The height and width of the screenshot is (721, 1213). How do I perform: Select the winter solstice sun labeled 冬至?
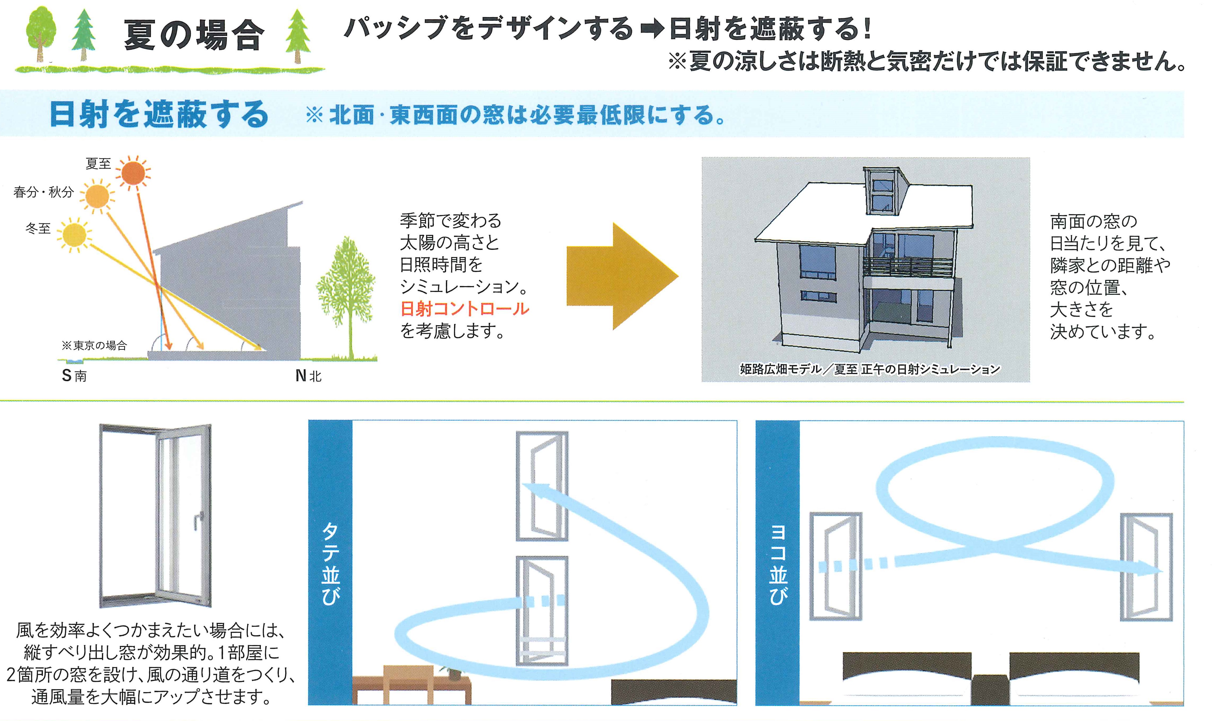tap(74, 235)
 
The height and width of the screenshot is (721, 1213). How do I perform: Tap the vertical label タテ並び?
tap(330, 563)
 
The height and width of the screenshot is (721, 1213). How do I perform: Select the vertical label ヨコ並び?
tap(777, 563)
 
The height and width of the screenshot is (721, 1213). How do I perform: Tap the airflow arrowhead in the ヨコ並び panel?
tap(1151, 569)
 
